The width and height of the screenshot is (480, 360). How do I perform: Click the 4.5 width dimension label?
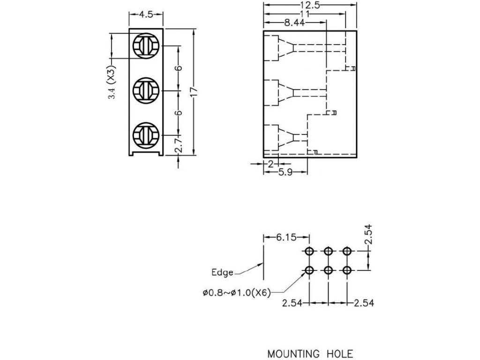coord(146,15)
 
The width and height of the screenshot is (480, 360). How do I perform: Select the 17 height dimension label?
coord(194,92)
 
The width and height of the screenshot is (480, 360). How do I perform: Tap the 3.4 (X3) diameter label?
coord(112,83)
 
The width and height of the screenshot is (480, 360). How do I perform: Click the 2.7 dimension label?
coord(179,145)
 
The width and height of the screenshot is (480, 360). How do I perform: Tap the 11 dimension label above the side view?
coord(305,14)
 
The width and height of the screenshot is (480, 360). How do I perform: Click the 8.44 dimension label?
coord(294,22)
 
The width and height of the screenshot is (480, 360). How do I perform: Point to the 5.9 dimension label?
coord(285,172)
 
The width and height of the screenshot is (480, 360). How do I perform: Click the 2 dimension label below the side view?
coord(270,164)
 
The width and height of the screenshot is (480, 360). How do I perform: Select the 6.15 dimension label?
coord(286,237)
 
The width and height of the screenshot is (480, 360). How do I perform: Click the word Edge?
coord(222,272)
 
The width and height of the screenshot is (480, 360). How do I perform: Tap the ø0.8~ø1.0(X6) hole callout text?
coord(237,293)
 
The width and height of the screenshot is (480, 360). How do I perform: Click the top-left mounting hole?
coord(309,252)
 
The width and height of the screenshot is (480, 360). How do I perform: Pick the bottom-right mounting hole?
coord(347,270)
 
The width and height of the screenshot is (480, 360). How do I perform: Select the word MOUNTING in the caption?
coord(293,354)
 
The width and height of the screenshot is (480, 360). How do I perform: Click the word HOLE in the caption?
coord(340,354)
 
